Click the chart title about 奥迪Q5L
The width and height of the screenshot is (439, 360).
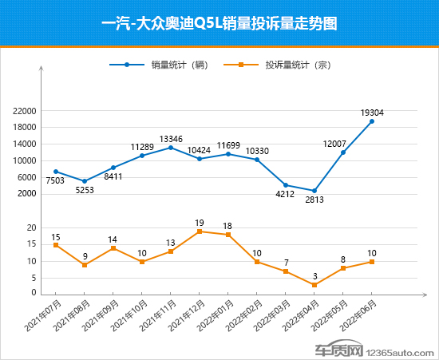219,24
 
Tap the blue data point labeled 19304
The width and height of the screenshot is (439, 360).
372,121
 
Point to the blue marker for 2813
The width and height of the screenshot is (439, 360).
314,191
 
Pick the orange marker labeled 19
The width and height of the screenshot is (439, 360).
200,231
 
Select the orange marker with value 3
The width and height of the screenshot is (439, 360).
314,285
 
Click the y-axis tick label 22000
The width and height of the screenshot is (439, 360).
26,111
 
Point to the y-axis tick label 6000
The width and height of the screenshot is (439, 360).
28,177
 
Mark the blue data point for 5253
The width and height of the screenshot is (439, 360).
85,181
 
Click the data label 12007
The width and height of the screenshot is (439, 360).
334,144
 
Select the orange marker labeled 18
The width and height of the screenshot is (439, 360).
228,235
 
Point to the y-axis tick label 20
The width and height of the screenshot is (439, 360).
31,228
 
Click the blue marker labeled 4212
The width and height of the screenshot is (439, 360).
286,185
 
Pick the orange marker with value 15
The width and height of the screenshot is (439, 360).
56,245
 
